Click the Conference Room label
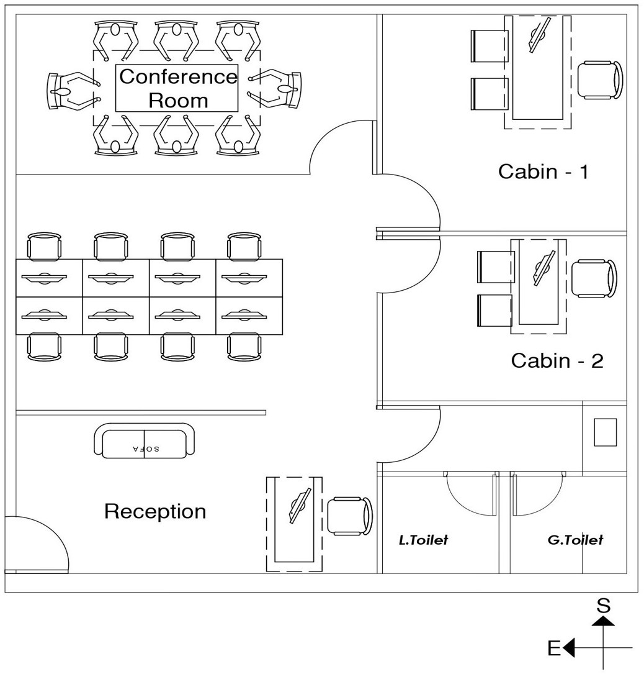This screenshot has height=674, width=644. pos(177,88)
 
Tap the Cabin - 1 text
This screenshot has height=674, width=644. pos(543,171)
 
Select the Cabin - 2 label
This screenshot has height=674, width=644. pos(557,361)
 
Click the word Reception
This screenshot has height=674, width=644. pos(154,512)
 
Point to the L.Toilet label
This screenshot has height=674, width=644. pos(423,540)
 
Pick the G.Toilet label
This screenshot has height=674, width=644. pos(575,540)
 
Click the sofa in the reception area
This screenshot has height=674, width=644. pos(144,442)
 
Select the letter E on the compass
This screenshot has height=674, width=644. pos(554,649)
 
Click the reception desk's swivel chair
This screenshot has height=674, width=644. pos(350,516)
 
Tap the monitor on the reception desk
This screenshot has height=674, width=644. pos(299,506)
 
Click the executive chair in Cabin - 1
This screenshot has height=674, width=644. pos(600,80)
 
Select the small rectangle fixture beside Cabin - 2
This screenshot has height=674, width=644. pos(605,432)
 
